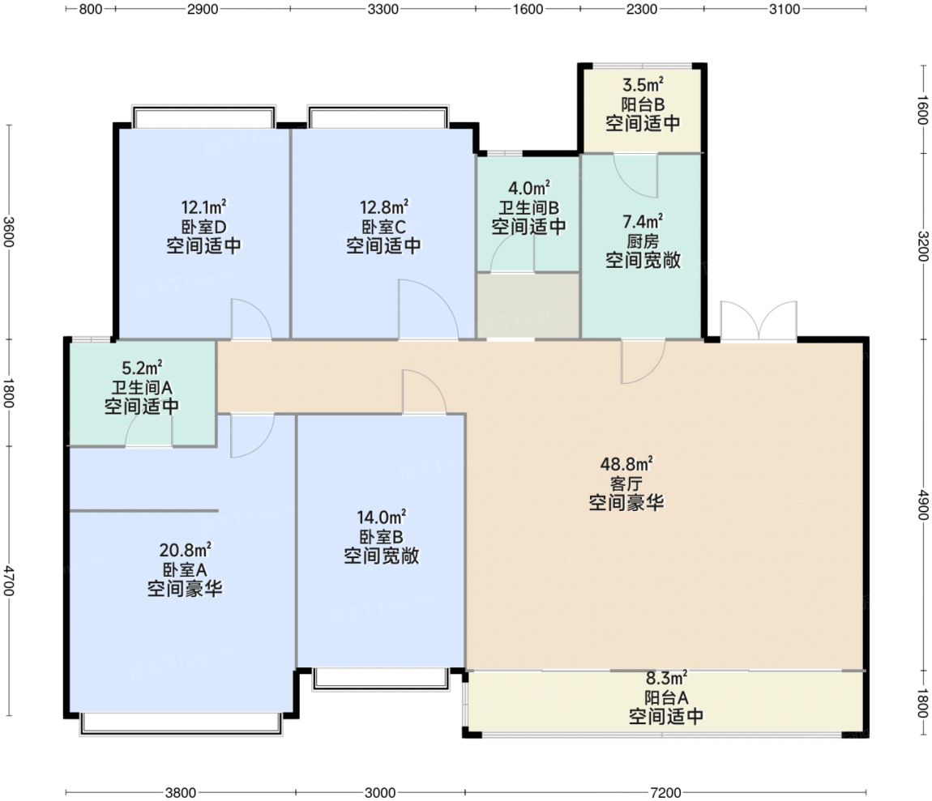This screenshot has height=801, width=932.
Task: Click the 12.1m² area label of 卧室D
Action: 203,207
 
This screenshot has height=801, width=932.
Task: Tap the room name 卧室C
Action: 383,227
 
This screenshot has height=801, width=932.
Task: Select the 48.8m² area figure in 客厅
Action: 626,463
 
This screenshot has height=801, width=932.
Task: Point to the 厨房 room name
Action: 643,241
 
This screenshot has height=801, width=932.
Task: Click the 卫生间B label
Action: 528,208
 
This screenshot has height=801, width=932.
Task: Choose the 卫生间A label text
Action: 142,388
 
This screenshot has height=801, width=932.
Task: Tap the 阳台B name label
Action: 643,105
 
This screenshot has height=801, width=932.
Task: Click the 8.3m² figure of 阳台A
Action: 666,677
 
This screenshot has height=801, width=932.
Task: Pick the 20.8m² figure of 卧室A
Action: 185,550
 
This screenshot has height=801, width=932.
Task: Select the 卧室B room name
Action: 381,537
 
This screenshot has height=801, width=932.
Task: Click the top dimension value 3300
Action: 383,9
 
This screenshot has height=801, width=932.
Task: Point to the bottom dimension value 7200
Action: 665,792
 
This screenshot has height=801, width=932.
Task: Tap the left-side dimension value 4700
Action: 8,580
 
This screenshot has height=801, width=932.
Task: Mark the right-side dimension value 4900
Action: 922,505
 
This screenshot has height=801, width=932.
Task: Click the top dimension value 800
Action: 90,9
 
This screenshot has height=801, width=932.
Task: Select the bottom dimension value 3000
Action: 380,792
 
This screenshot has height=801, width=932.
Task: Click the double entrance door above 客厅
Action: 759,322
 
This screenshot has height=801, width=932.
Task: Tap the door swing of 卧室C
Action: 428,309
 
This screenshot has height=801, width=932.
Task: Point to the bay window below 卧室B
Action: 380,680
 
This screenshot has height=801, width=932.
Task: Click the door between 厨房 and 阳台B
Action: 635,175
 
